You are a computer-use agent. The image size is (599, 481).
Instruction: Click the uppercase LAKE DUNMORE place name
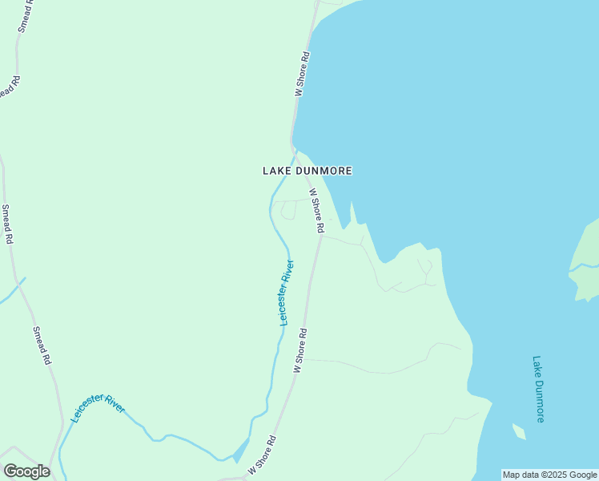coord(308,171)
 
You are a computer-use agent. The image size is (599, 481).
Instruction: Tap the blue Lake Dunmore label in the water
coord(538,389)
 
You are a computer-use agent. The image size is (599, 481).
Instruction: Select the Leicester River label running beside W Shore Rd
coord(286,292)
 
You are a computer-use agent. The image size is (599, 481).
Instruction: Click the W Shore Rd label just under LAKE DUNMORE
coord(316,211)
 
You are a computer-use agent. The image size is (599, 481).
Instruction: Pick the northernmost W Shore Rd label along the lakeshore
coord(302,75)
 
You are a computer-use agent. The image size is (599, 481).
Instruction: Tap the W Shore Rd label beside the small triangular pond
coord(262,453)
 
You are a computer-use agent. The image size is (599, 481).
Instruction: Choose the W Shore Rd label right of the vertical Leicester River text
coord(300,350)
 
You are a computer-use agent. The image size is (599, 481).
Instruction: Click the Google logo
coord(26,471)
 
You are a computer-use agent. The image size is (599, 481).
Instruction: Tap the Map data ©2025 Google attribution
coord(549,475)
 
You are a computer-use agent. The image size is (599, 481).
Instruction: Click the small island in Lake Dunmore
coord(519,433)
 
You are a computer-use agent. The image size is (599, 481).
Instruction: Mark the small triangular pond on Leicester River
coord(240,452)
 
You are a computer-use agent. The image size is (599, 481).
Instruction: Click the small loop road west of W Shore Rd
coord(287,210)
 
